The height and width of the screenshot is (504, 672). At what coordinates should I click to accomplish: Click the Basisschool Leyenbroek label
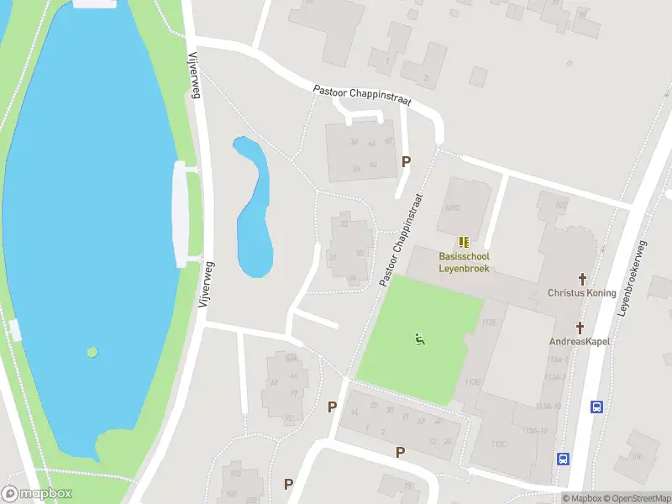[x=464, y=262]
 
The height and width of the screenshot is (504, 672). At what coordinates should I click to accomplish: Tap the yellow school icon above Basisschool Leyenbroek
[x=464, y=242]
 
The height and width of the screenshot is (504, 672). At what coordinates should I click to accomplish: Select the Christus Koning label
[x=581, y=293]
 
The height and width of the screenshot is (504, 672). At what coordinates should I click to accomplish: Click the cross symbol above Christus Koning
[x=580, y=278]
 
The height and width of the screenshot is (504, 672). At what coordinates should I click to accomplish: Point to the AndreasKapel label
[x=579, y=341]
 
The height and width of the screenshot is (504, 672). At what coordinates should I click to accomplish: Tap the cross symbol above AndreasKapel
[x=579, y=327]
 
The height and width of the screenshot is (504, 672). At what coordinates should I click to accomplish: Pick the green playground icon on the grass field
[x=420, y=339]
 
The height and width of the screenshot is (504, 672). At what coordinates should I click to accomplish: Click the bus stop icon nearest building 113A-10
[x=596, y=407]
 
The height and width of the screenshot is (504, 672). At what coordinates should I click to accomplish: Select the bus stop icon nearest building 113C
[x=563, y=459]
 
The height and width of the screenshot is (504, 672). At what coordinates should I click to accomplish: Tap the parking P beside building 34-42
[x=407, y=161]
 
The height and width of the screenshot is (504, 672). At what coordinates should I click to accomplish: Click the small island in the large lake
[x=92, y=352]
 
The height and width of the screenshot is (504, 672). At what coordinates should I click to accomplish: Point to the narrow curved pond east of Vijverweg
[x=253, y=210]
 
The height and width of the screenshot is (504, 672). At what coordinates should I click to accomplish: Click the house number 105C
[x=454, y=207]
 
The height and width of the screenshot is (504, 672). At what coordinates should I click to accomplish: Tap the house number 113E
[x=489, y=322]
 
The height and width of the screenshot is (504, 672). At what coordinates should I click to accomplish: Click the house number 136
[x=636, y=457]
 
